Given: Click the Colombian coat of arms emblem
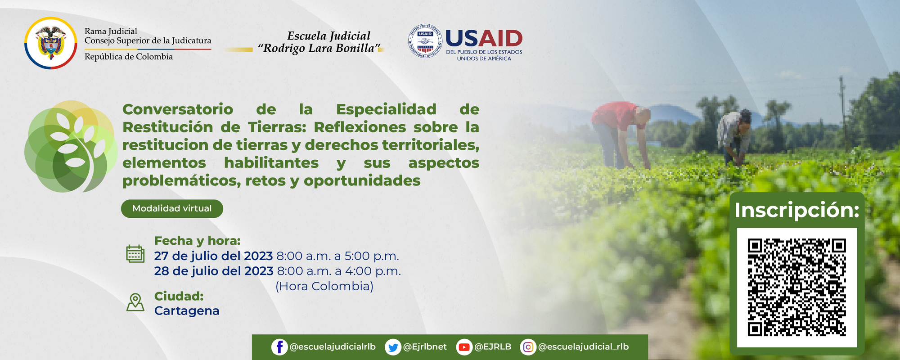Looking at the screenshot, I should coord(50,43).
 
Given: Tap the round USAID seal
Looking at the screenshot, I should coord(425,41).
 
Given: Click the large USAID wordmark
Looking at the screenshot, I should coord(484,39).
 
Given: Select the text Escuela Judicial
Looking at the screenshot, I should coord(328,36).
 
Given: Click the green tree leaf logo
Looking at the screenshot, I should coord(71,147).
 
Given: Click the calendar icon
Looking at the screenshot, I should coord(135,254).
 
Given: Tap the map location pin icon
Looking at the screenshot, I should coord(135,302).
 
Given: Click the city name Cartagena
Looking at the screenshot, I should coord(187,311).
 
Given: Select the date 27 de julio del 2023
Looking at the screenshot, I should coord(213,256).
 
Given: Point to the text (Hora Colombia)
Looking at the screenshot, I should coord(324,286).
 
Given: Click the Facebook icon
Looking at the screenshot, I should coord(279,347).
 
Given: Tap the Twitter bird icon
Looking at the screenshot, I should coord(393,347).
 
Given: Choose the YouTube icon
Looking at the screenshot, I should coord(463,347).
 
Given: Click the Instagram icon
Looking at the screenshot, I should coord(528,347).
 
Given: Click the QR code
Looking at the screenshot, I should coord(796,288).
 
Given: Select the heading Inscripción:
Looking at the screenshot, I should coord(796,210).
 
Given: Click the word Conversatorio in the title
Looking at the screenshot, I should coord(178,109).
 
